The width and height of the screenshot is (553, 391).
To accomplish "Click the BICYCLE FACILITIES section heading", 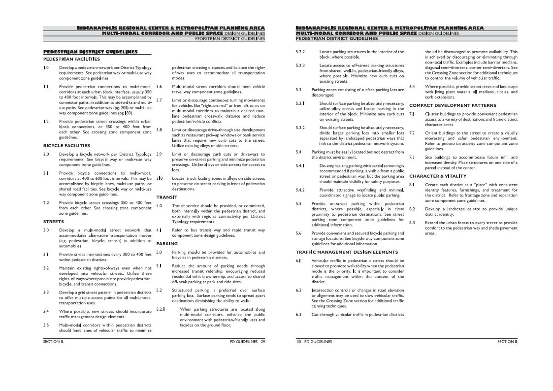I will point(66,146).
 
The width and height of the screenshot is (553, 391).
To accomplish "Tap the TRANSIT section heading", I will point(166,197).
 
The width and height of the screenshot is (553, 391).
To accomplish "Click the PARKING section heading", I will point(167,244).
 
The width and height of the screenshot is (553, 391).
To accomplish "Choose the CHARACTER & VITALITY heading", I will point(437,176).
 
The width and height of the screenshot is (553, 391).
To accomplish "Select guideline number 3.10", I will point(160,178).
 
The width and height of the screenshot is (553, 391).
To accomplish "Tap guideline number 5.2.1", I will point(160,309).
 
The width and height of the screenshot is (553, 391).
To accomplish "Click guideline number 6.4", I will point(413,87).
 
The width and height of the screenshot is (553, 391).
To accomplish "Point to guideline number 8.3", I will point(413,223).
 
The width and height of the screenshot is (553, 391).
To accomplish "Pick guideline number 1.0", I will point(46,67).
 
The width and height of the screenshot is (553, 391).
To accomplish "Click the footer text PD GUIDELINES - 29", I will point(247,341).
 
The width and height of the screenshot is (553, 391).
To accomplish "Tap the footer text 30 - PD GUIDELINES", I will point(315,341).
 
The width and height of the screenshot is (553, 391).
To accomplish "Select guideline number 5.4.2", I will point(300,190).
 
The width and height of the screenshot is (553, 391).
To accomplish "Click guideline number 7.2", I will point(413,133).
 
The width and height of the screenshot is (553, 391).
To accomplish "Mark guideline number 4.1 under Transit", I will point(159,230).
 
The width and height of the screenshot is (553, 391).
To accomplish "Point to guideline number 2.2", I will point(46,203).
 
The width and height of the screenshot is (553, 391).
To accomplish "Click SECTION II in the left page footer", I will point(53,341).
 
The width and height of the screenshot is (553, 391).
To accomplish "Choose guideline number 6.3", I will point(299,314).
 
